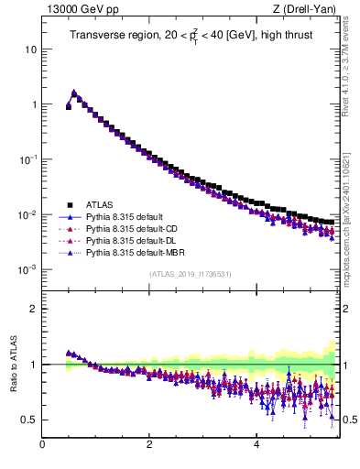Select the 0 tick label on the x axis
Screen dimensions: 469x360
click(x=42, y=445)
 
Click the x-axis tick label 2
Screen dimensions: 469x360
click(x=149, y=445)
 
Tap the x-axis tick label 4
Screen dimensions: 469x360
click(x=256, y=445)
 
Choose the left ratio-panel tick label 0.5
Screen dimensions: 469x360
click(x=29, y=420)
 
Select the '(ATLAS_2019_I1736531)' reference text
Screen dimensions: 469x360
click(x=190, y=274)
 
